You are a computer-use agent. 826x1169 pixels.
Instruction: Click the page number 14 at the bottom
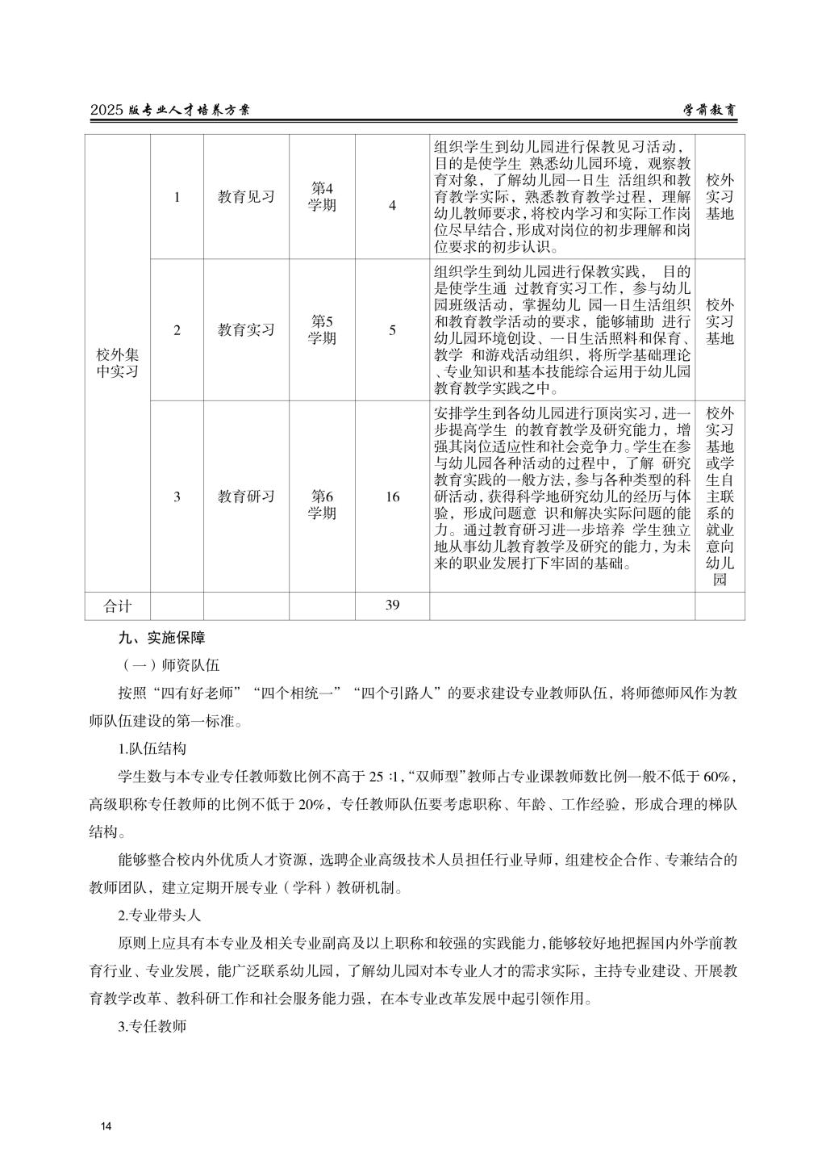pyautogui.click(x=106, y=1126)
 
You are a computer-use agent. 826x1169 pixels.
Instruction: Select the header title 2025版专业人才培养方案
pyautogui.click(x=169, y=111)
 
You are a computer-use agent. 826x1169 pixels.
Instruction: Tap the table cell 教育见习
pyautogui.click(x=246, y=197)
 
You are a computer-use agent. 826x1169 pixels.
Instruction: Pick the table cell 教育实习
pyautogui.click(x=246, y=329)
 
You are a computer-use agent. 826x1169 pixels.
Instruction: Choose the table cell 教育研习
pyautogui.click(x=246, y=497)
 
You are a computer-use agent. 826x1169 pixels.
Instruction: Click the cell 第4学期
pyautogui.click(x=322, y=197)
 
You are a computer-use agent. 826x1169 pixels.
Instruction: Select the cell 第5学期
pyautogui.click(x=322, y=329)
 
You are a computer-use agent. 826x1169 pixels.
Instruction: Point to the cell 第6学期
pyautogui.click(x=322, y=505)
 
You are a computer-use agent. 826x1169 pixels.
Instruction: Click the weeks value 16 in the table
pyautogui.click(x=392, y=497)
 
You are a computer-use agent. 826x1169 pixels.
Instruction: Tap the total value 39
pyautogui.click(x=392, y=605)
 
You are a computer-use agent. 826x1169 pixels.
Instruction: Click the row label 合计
pyautogui.click(x=118, y=605)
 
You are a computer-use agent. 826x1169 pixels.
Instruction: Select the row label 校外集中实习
pyautogui.click(x=118, y=363)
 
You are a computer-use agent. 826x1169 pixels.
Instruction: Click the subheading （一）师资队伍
pyautogui.click(x=168, y=665)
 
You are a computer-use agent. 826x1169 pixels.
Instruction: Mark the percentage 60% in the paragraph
pyautogui.click(x=717, y=777)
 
